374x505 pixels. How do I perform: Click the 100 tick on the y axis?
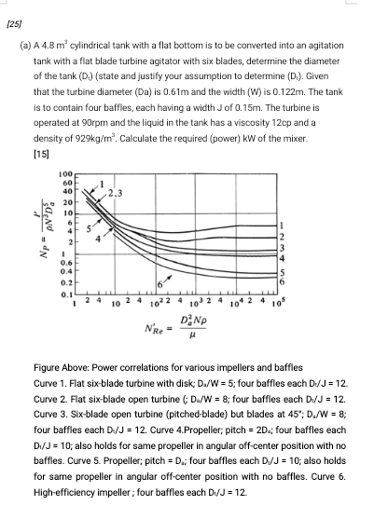click(64, 175)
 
